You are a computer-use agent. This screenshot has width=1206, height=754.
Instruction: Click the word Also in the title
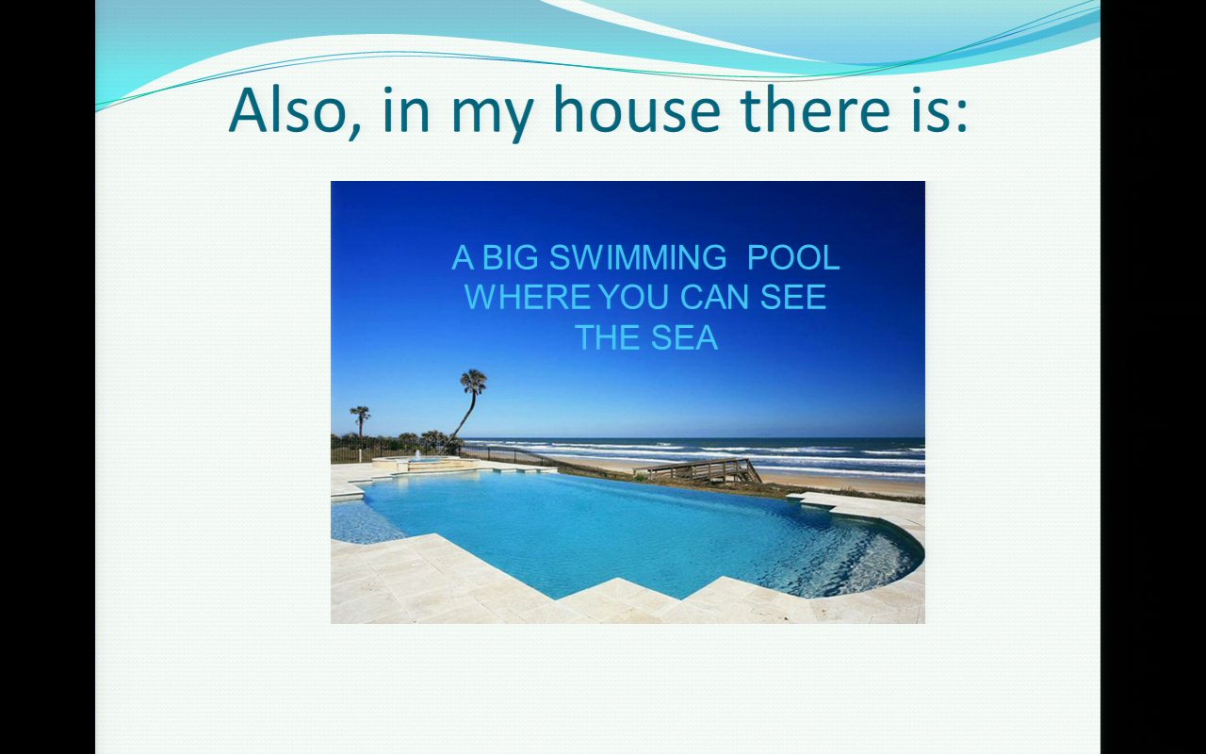tap(295, 109)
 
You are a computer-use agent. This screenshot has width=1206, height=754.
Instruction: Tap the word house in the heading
tap(636, 109)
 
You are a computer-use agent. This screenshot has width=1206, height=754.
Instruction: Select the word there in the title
tap(816, 109)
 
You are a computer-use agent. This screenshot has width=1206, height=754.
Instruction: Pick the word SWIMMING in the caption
tap(638, 257)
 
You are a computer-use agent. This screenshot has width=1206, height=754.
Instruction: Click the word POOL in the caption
tap(793, 257)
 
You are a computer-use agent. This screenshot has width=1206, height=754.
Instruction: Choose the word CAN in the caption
tap(714, 297)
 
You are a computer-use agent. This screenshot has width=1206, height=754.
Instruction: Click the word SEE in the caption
tap(793, 297)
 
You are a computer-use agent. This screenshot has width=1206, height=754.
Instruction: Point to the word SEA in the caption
tap(684, 337)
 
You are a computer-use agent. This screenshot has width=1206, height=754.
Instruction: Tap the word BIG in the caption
tap(510, 257)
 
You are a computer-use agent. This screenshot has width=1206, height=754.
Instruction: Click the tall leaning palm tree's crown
tap(473, 381)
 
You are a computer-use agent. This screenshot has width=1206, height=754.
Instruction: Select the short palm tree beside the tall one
tap(360, 421)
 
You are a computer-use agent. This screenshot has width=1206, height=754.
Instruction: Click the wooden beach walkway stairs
tap(698, 470)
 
